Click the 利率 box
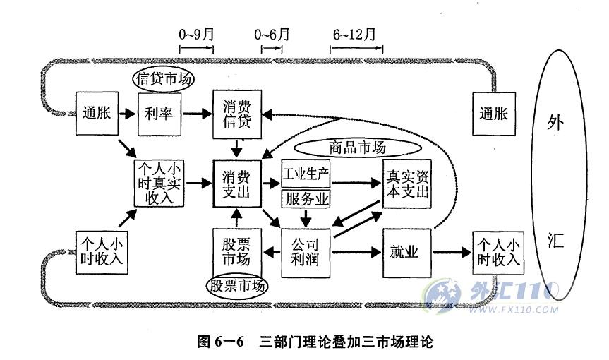point(159,114)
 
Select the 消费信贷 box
point(237,114)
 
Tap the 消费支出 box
point(237,184)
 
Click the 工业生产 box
point(306,174)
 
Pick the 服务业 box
point(306,199)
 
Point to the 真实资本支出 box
point(407,184)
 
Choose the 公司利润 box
point(306,253)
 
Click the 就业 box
point(407,253)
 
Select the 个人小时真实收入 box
point(159,184)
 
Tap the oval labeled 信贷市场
point(164,79)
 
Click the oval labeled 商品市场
point(358,148)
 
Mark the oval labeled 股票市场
point(237,286)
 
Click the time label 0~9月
point(196,35)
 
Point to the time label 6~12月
point(354,35)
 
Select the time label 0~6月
point(272,35)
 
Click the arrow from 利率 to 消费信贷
point(198,114)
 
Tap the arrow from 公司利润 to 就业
point(356,253)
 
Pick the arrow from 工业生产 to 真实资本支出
point(356,183)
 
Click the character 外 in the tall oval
point(555,122)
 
